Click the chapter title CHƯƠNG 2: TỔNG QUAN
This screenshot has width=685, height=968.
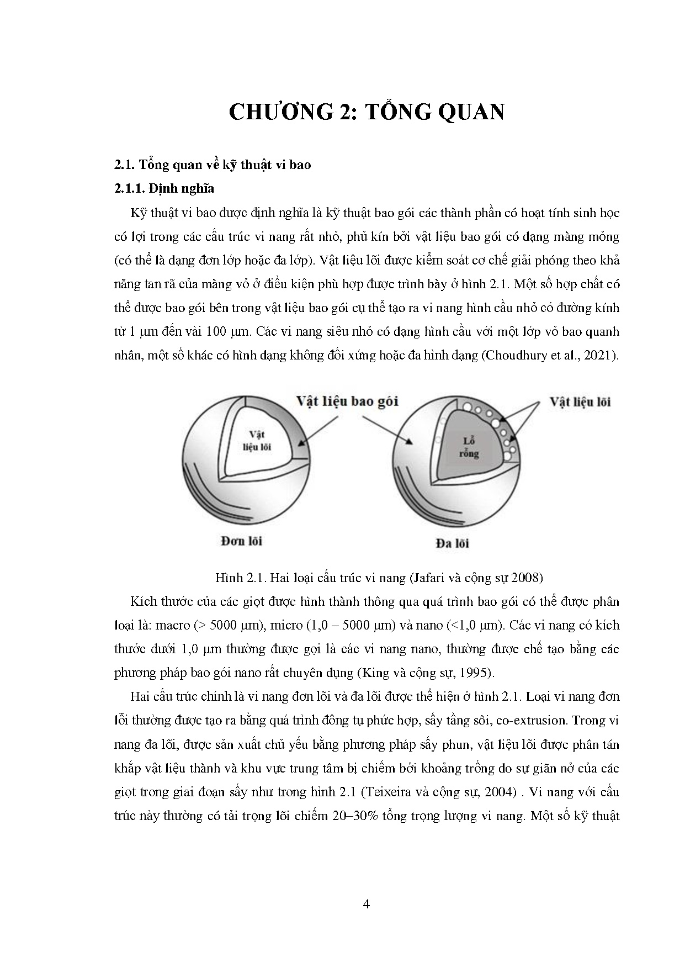click(366, 112)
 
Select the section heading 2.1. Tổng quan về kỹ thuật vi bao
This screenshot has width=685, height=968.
click(213, 165)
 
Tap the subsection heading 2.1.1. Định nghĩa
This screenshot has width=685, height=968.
click(164, 188)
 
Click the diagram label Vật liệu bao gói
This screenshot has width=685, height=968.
click(347, 401)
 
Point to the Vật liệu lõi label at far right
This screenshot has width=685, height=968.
click(580, 401)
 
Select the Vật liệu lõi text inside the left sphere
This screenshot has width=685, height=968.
click(257, 441)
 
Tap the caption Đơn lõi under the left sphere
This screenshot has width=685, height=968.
click(242, 541)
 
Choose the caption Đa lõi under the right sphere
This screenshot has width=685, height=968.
click(452, 543)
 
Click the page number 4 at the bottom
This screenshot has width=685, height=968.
click(367, 904)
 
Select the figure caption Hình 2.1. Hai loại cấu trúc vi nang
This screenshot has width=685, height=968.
click(310, 578)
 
